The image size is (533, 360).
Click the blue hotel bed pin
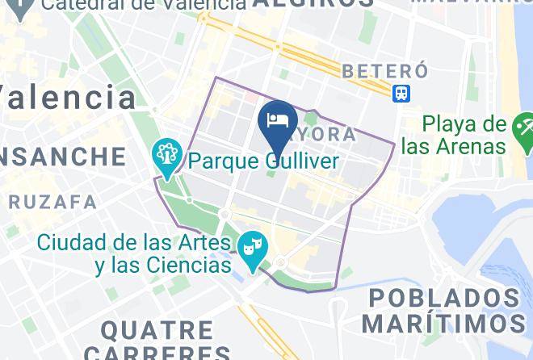tap(277, 122)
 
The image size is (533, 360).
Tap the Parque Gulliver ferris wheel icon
tap(167, 154)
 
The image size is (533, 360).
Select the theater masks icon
tap(253, 245)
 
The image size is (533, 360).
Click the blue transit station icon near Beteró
tap(401, 93)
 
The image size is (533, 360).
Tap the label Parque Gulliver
tap(263, 162)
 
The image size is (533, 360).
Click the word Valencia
tap(69, 98)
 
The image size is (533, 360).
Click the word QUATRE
tap(157, 330)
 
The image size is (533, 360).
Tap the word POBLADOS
tap(445, 298)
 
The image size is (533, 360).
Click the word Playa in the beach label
tap(453, 125)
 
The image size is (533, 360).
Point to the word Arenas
tap(467, 147)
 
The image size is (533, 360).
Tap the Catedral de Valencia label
tap(142, 5)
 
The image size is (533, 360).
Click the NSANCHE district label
tap(63, 156)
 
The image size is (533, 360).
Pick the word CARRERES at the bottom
tap(157, 353)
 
